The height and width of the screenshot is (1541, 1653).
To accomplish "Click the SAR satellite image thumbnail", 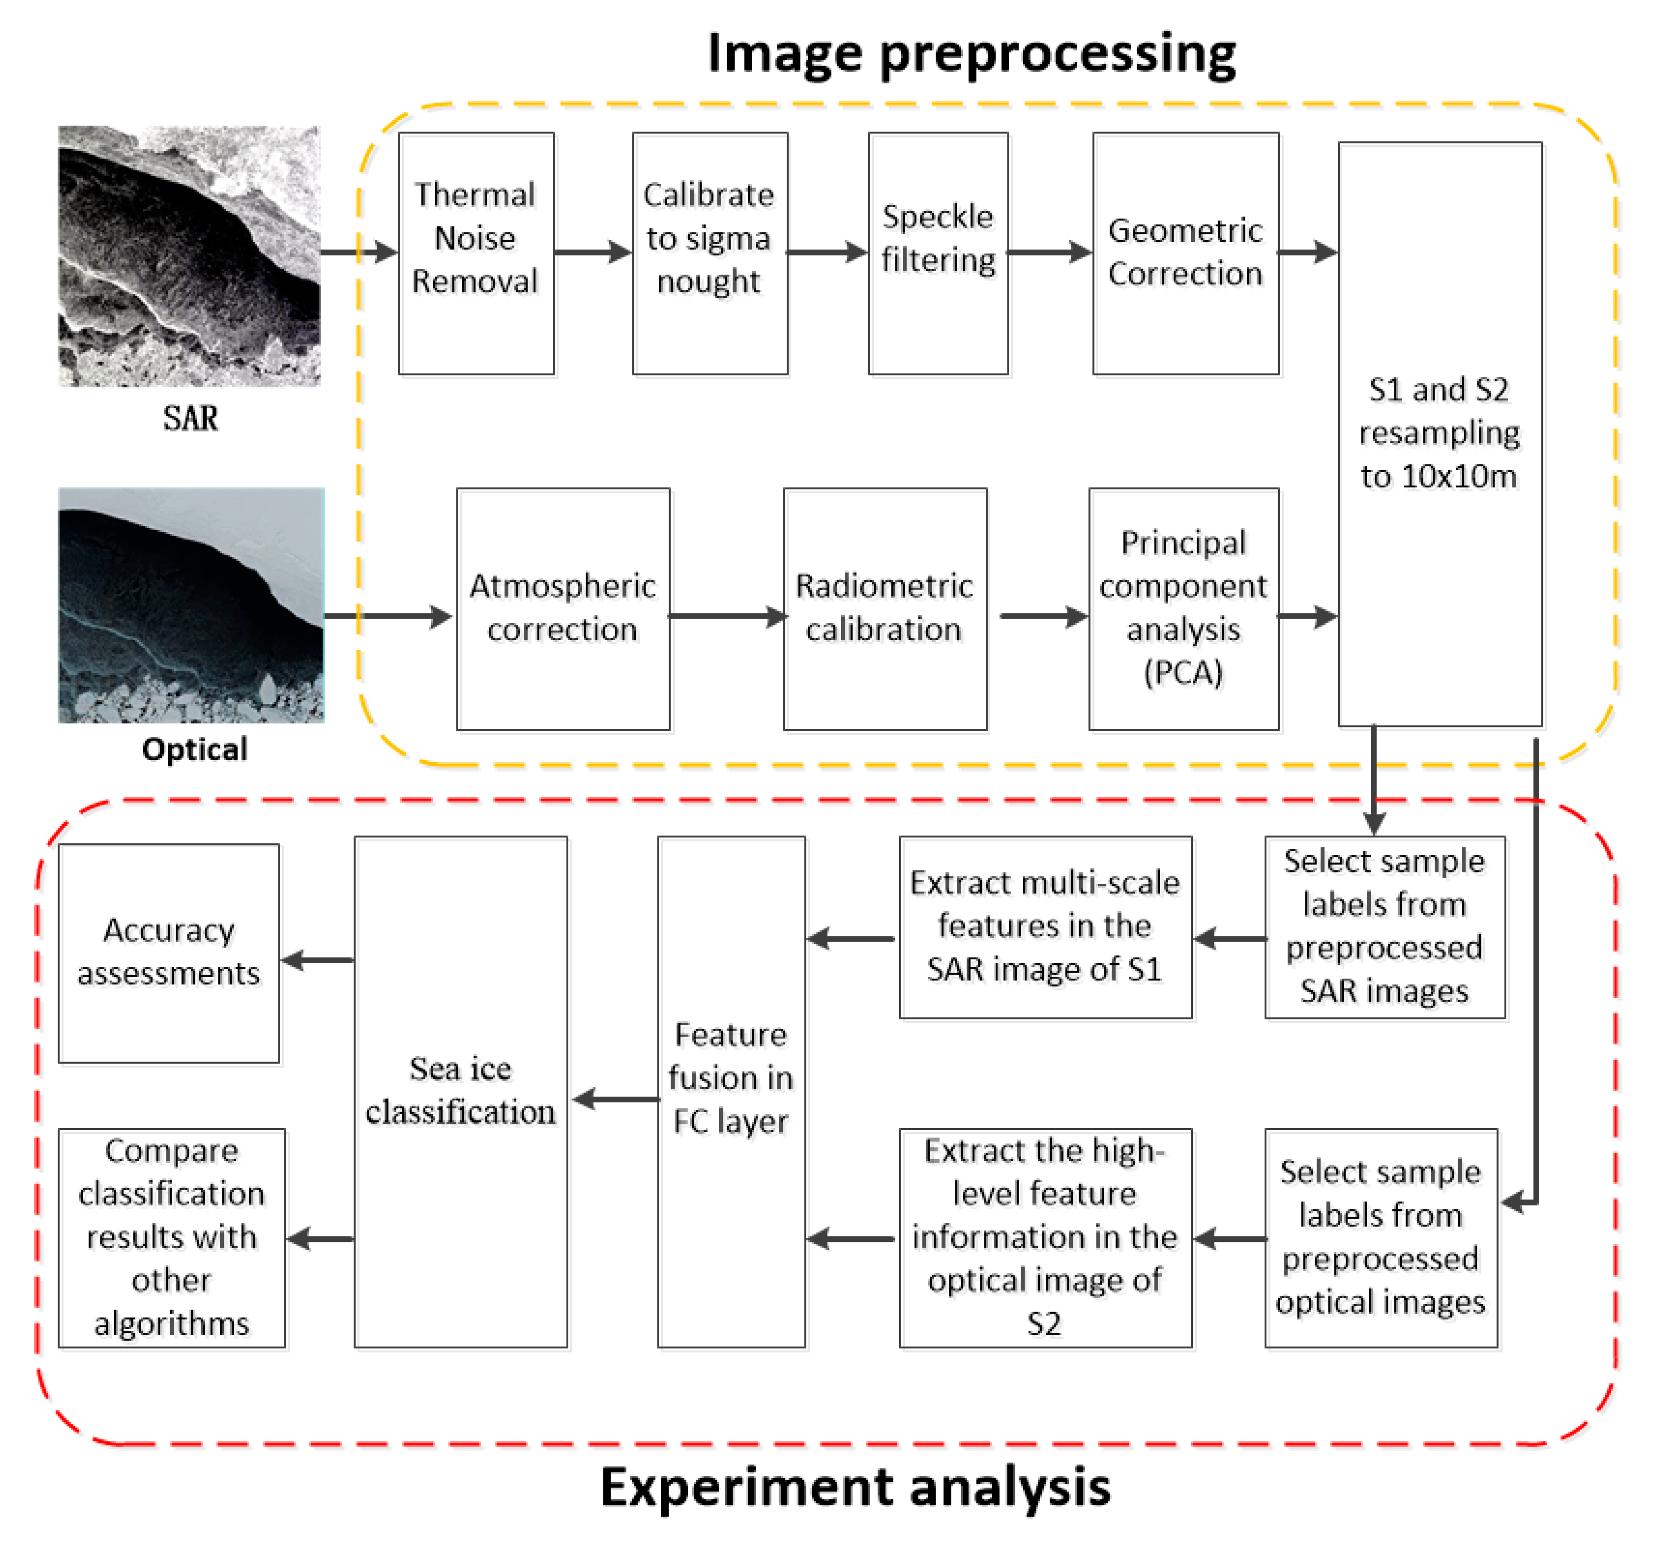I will click(190, 256).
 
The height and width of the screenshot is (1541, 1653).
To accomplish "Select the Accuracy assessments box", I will click(169, 953).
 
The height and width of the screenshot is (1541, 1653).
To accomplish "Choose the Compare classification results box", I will click(171, 1237).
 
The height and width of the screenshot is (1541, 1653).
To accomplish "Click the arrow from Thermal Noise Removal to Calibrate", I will click(592, 252).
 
